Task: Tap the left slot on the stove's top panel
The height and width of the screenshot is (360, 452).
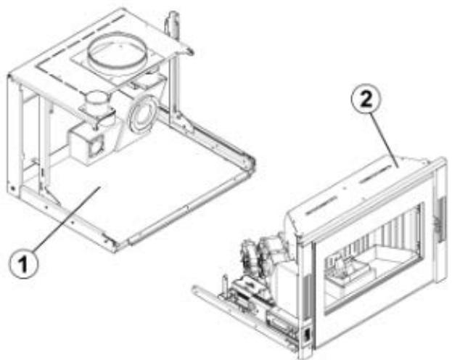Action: click(324, 206)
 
